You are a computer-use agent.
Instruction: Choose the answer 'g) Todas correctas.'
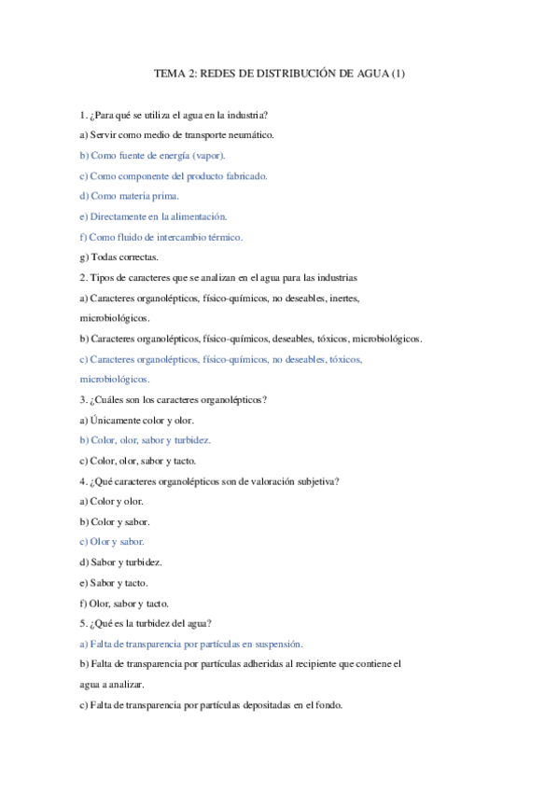(x=119, y=257)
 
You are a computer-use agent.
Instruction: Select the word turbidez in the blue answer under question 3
(x=190, y=440)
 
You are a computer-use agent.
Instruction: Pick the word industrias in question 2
(x=334, y=277)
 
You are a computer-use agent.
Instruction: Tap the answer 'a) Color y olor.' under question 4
(x=111, y=501)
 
